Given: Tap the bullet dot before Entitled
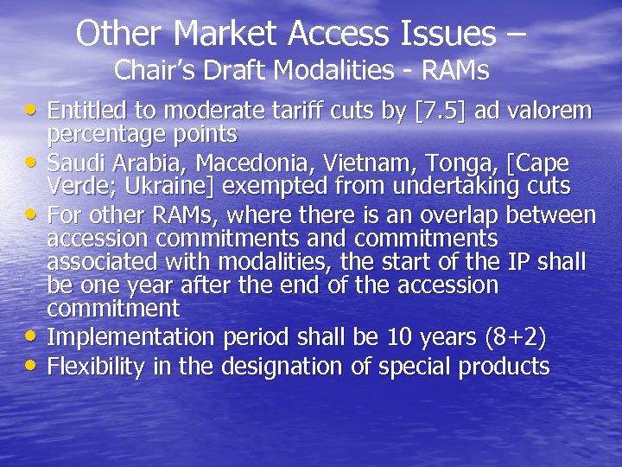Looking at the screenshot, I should (x=31, y=111).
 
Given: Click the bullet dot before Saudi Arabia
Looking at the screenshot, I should (x=31, y=162).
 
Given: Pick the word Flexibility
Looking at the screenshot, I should (x=96, y=366).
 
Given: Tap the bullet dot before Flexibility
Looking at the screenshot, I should (x=31, y=366).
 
